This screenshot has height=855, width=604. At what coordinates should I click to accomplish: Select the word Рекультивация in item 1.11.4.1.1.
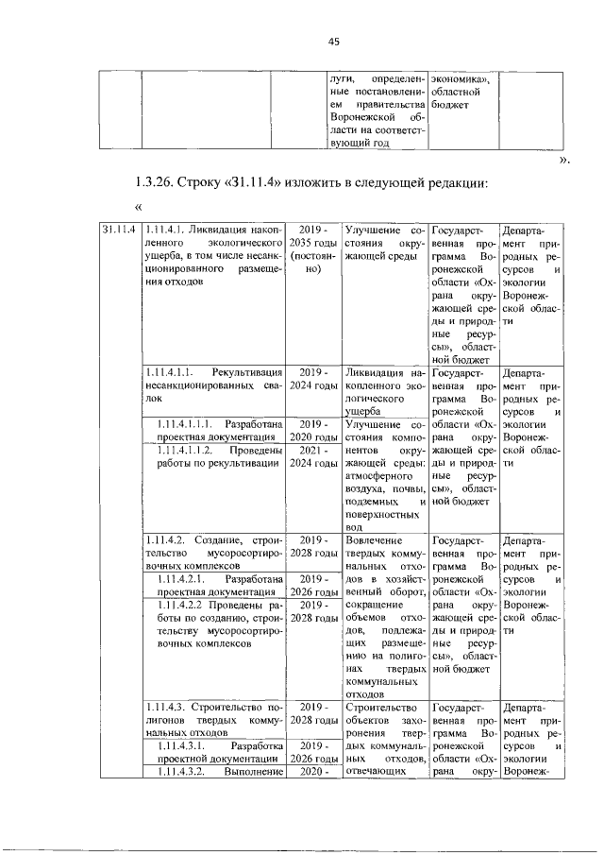[x=247, y=371]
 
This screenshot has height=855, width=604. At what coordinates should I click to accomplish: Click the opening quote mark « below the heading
[x=139, y=206]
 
